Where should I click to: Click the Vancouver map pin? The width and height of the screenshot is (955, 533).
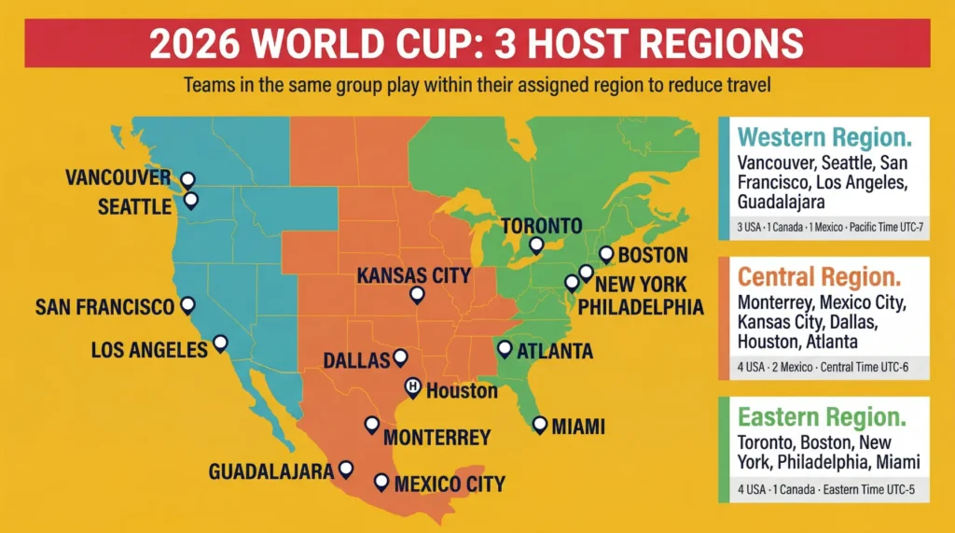[x=187, y=178]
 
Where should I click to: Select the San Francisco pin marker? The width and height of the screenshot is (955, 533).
[x=187, y=304]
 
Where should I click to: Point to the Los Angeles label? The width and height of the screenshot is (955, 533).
[x=149, y=350]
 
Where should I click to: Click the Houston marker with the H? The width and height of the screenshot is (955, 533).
[x=411, y=386]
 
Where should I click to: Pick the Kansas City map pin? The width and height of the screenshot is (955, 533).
[x=417, y=294]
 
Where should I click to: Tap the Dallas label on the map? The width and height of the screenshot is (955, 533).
[x=355, y=359]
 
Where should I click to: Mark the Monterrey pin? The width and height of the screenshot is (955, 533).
[x=371, y=425]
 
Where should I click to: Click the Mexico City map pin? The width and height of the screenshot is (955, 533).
[x=381, y=482]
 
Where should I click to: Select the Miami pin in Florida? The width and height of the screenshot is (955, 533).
[x=539, y=424]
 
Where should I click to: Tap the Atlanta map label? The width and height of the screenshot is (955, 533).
[x=555, y=351]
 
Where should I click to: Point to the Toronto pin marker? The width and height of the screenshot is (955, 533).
[x=535, y=245]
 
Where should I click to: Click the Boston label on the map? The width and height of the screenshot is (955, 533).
[x=653, y=255]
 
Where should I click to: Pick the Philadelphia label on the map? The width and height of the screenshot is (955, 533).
[x=642, y=306]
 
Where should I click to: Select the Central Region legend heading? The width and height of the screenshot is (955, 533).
[x=819, y=277]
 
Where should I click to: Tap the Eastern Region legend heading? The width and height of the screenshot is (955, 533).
[x=821, y=416]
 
